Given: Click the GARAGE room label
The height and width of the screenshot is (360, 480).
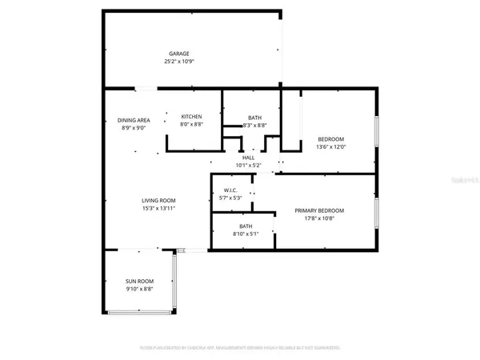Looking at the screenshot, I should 178,54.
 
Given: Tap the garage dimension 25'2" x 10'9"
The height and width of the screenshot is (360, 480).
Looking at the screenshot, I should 178,62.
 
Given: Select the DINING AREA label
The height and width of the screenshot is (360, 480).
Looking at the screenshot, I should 134,120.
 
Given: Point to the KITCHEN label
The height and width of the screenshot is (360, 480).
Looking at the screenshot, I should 191,117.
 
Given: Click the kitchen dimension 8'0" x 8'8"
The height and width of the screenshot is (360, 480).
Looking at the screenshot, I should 191,125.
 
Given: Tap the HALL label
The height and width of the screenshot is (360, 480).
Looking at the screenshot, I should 248,158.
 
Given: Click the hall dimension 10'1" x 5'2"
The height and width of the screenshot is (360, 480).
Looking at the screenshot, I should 248,166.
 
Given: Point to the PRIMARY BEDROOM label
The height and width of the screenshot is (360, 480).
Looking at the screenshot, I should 318,210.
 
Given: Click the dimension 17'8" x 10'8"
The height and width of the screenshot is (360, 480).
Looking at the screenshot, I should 318,218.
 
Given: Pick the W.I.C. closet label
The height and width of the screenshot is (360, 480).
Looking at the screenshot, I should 230,190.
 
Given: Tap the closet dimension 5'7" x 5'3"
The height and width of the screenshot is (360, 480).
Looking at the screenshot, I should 230,198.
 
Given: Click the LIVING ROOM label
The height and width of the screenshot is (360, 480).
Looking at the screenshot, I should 158,200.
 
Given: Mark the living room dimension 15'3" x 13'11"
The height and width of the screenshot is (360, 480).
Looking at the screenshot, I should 158,208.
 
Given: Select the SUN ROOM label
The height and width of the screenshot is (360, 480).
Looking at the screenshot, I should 139,282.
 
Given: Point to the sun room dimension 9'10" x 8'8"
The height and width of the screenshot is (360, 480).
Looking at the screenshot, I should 139,290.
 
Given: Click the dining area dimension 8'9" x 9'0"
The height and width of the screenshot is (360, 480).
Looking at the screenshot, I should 134,128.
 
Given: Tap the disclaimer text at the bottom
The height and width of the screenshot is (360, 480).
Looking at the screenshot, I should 240,348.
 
